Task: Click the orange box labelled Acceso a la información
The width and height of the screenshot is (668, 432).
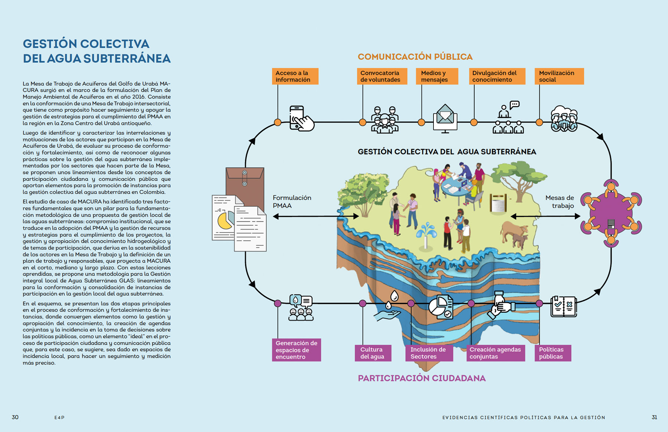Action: [295, 76]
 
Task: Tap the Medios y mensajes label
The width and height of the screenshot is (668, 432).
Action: [437, 76]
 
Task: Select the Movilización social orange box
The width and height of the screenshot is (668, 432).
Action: [559, 76]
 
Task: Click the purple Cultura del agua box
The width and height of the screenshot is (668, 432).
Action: [373, 353]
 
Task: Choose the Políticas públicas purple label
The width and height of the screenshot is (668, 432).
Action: [552, 353]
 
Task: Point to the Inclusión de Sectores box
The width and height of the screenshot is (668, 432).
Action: [429, 353]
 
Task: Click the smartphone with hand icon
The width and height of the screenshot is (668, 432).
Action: [301, 119]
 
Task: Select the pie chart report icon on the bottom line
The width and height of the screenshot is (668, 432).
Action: [441, 307]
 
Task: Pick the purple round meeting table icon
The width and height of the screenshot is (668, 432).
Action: [611, 214]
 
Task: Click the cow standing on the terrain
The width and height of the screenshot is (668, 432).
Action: [514, 234]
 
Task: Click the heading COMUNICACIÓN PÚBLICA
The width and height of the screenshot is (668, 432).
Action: [415, 57]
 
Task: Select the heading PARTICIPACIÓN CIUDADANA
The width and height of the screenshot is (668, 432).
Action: [422, 378]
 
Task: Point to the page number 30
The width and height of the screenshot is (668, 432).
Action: [15, 417]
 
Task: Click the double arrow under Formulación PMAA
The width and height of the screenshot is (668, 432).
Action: [316, 216]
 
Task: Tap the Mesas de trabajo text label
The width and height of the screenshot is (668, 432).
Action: [560, 202]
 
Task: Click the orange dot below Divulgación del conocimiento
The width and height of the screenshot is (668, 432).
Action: [474, 122]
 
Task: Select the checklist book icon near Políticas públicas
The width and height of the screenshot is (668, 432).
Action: [563, 306]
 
